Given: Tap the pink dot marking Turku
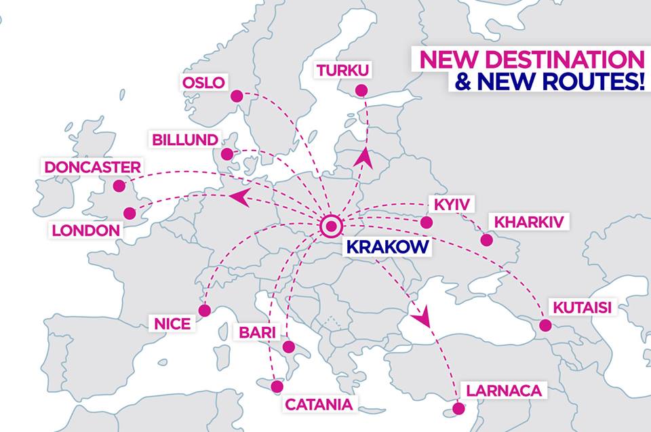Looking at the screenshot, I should pos(361,90).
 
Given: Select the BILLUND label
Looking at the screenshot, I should pos(185,139).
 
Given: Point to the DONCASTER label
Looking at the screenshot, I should pos(92,167).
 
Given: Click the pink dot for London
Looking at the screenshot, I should pos(130,214).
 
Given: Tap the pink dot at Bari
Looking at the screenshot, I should pos(289,347).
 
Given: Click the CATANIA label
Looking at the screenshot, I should pos(319,405).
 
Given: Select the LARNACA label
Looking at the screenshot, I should pos(503,391).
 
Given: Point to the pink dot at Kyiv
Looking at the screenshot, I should pos(426,222).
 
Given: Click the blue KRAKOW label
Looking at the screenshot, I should pos(388,246).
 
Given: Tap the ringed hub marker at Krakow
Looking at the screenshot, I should pos(332,226).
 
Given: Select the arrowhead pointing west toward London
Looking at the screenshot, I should pos(238,197).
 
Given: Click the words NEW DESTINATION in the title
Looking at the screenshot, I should pos(532,58).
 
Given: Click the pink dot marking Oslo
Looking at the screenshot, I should pos(237,96).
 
